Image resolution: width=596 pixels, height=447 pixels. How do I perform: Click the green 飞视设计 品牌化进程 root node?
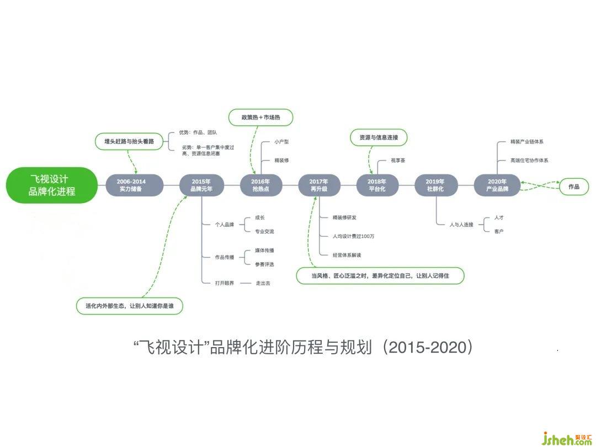pyautogui.click(x=52, y=185)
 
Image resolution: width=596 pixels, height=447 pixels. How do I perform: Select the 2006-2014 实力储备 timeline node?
pyautogui.click(x=131, y=185)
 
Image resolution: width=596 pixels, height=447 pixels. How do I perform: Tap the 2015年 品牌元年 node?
pyautogui.click(x=201, y=185)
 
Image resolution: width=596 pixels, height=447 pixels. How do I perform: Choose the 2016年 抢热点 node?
pyautogui.click(x=260, y=185)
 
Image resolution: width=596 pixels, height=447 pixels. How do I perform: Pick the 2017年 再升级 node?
pyautogui.click(x=318, y=185)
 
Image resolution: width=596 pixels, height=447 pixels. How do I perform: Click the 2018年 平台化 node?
pyautogui.click(x=377, y=185)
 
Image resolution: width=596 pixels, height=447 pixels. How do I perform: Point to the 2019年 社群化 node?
pyautogui.click(x=435, y=185)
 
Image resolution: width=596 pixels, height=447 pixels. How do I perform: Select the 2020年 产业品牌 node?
pyautogui.click(x=497, y=185)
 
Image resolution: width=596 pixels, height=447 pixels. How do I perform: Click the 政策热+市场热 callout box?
pyautogui.click(x=260, y=118)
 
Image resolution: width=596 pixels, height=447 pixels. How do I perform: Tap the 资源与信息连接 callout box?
pyautogui.click(x=379, y=137)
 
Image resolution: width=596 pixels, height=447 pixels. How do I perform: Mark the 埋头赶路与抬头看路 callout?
pyautogui.click(x=129, y=141)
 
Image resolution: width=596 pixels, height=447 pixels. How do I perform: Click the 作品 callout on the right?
pyautogui.click(x=574, y=187)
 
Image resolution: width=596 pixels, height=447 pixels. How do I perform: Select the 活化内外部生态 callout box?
pyautogui.click(x=130, y=306)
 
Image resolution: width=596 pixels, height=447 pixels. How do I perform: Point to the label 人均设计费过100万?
pyautogui.click(x=354, y=236)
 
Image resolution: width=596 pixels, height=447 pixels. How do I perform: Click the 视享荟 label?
pyautogui.click(x=398, y=161)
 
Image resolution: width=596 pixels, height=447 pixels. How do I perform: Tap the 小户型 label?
pyautogui.click(x=281, y=142)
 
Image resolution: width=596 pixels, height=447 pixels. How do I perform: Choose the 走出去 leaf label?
pyautogui.click(x=263, y=283)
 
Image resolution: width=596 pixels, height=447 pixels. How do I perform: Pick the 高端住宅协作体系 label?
pyautogui.click(x=529, y=161)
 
